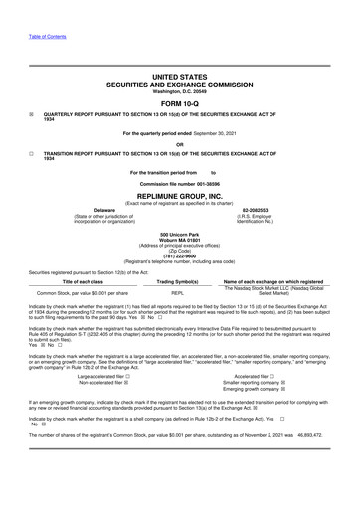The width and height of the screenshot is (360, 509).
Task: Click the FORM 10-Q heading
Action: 180,103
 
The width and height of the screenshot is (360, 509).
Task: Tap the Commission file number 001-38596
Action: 180,187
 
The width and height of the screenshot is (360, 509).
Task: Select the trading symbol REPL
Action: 178,293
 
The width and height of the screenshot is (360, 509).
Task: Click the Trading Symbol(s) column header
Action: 178,282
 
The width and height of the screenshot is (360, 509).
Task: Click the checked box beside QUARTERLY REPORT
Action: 32,114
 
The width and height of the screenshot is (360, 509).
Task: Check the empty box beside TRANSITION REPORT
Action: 32,154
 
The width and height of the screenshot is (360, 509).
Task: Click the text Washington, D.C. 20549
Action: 180,92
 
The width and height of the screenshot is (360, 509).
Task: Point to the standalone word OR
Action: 180,144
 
